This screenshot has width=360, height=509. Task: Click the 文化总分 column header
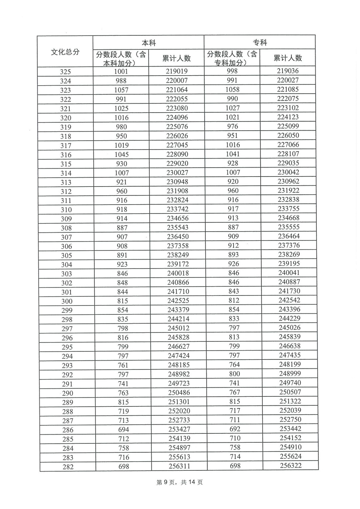pos(65,52)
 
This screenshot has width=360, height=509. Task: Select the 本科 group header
pos(149,43)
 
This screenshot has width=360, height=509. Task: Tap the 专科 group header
pos(260,43)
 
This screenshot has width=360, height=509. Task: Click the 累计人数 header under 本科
pos(176,58)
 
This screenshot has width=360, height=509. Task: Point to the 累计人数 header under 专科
pos(288,58)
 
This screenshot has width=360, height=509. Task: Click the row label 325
pos(65,72)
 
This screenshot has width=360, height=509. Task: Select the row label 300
pos(67,301)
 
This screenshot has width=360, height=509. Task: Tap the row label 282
pos(68,467)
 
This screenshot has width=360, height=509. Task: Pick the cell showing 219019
pos(177,71)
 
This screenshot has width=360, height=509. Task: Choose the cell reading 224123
pos(288,117)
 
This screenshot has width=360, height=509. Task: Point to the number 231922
pos(289,191)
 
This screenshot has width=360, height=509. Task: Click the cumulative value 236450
pos(178,237)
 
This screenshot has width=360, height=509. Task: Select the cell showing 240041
pos(289,272)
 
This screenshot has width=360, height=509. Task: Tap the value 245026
pos(290,328)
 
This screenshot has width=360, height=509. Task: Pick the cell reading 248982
pos(179,374)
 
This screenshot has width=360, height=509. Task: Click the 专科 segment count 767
pos(235,392)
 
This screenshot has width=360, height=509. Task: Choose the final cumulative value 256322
pos(291,465)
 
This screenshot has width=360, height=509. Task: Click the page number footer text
pos(179,482)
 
